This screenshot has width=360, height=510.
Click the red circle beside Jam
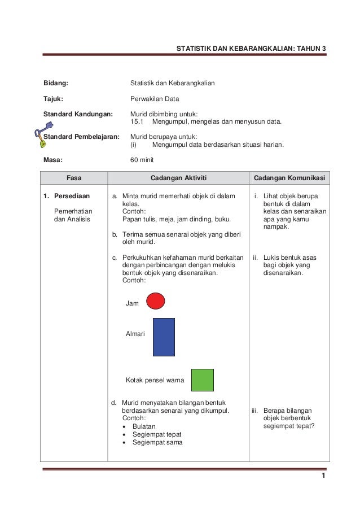click(155, 301)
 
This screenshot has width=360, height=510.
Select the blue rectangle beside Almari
click(164, 337)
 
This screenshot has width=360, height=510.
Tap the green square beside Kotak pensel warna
click(202, 380)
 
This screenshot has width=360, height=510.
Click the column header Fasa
click(74, 178)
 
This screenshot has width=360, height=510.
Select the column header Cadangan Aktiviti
click(178, 178)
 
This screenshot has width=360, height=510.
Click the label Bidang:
click(56, 84)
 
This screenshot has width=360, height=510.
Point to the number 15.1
click(138, 121)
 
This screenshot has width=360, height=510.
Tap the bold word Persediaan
click(72, 197)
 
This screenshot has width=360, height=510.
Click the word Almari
click(135, 334)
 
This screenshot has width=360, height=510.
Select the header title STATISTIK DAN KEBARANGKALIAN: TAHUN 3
click(251, 49)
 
